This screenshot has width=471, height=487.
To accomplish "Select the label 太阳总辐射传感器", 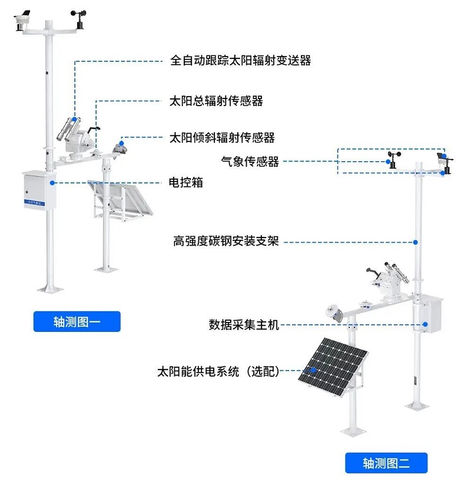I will (x=216, y=101).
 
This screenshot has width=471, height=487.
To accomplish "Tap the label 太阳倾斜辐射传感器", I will (x=222, y=138).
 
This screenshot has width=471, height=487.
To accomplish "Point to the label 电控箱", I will (x=185, y=183).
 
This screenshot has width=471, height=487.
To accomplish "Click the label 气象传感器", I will (x=250, y=161).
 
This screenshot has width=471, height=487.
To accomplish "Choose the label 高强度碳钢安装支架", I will (x=226, y=241).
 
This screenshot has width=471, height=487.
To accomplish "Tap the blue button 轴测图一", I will (x=77, y=322).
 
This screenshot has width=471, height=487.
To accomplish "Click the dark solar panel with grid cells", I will (x=333, y=368).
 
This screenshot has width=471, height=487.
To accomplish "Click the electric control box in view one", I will (x=38, y=190).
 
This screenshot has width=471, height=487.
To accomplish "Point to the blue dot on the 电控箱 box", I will (x=53, y=183).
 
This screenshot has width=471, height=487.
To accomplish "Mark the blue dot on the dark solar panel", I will (x=314, y=371).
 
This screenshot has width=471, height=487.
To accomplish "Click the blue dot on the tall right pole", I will (x=416, y=241).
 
